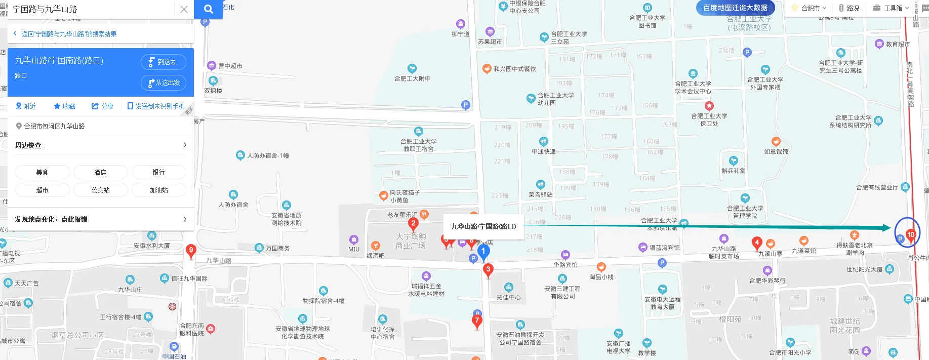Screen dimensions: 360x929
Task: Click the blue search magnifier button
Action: point(208,9)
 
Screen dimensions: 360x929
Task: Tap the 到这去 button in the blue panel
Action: point(163,62)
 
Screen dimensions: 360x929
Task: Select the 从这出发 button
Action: point(163,83)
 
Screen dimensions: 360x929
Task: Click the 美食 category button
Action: point(43,172)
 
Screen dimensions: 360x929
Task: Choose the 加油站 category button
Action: point(158,190)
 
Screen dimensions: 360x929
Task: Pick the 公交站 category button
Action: point(100,190)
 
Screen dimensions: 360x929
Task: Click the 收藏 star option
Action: point(64,106)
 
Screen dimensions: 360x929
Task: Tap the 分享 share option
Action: point(102,106)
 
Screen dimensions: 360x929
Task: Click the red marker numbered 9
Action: point(191,250)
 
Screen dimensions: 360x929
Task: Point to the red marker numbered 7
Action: point(477,321)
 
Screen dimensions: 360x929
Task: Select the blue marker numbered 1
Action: point(483,252)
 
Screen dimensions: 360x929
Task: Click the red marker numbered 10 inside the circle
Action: point(911,235)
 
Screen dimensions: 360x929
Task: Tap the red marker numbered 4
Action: point(757,243)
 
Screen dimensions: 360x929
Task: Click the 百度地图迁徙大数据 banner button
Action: point(735,8)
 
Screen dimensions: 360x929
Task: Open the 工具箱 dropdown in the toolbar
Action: point(892,8)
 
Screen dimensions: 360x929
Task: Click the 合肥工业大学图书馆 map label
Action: point(648,21)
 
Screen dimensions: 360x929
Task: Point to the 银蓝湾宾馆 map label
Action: point(664,248)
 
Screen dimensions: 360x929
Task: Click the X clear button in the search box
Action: point(184,9)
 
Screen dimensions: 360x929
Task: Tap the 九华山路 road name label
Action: point(219,261)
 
